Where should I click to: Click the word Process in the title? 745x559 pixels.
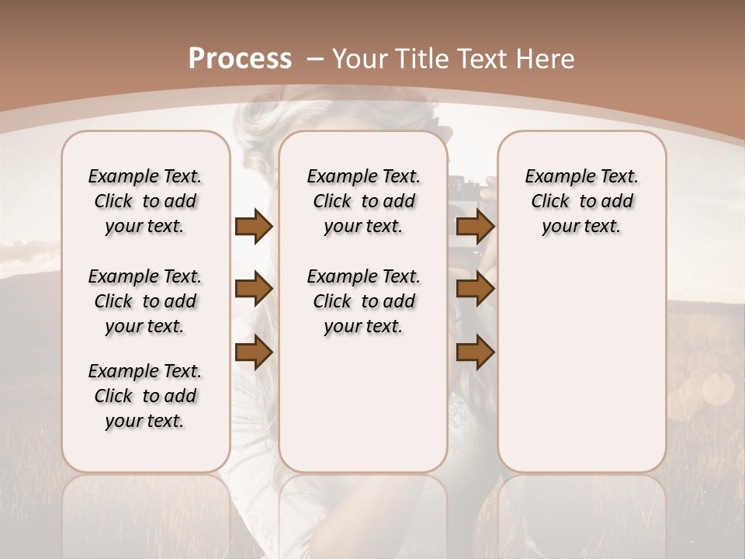pos(240,59)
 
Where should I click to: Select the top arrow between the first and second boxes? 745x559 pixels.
pos(254,226)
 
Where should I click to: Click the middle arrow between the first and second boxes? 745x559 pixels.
pos(254,289)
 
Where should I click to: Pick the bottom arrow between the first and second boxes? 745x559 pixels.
pos(254,352)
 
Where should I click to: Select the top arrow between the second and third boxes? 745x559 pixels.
pos(475,226)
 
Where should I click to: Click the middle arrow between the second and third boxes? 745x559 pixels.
pos(475,289)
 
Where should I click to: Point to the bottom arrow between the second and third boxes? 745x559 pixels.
pos(475,352)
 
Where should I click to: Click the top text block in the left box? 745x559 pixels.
pos(145,201)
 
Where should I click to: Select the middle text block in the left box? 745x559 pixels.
pos(145,301)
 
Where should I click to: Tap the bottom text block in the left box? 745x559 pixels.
pos(145,396)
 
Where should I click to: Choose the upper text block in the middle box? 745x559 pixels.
pos(363,201)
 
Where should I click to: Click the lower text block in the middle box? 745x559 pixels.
pos(363,301)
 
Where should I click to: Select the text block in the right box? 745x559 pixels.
pos(581,201)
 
